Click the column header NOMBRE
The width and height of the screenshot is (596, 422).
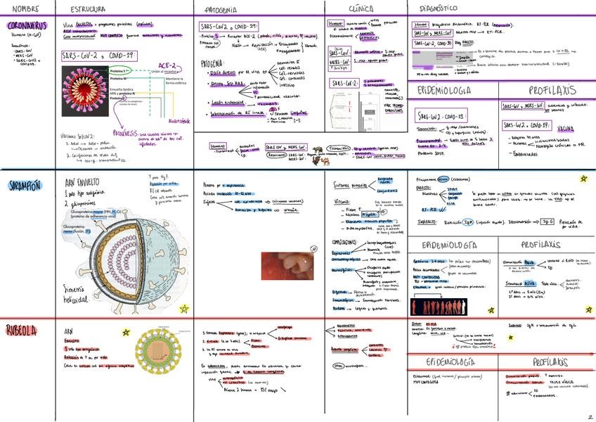[x=25, y=9]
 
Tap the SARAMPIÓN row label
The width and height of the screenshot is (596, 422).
[x=25, y=185]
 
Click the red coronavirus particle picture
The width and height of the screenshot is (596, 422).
[x=85, y=91]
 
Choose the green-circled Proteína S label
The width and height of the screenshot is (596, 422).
[x=121, y=72]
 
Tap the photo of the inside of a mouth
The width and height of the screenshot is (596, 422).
[x=287, y=266]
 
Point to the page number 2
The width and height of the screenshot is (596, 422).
[x=590, y=416]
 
